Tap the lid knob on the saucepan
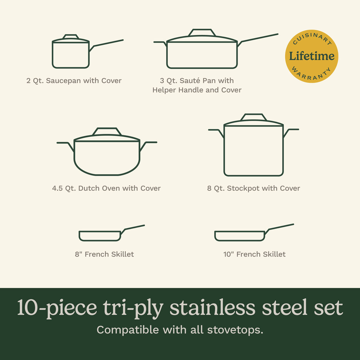click(x=71, y=36)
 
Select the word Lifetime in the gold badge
click(x=311, y=56)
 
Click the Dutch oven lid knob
click(x=107, y=131)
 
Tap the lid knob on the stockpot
click(x=254, y=117)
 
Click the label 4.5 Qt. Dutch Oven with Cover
click(x=106, y=188)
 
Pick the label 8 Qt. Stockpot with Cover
click(x=253, y=188)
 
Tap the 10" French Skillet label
click(x=254, y=254)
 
